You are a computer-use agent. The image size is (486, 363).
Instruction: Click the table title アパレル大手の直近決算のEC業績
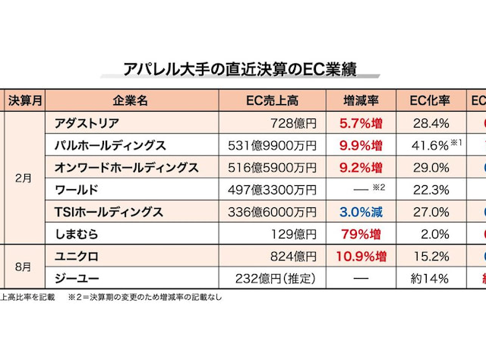pos(240,70)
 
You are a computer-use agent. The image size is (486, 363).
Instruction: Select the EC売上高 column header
pos(273,100)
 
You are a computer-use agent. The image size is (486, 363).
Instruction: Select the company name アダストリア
pos(93,122)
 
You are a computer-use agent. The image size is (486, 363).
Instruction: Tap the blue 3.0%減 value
pos(361,212)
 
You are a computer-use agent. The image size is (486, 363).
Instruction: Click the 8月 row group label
pos(25,267)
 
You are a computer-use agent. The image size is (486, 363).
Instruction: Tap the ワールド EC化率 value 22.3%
pos(430,189)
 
